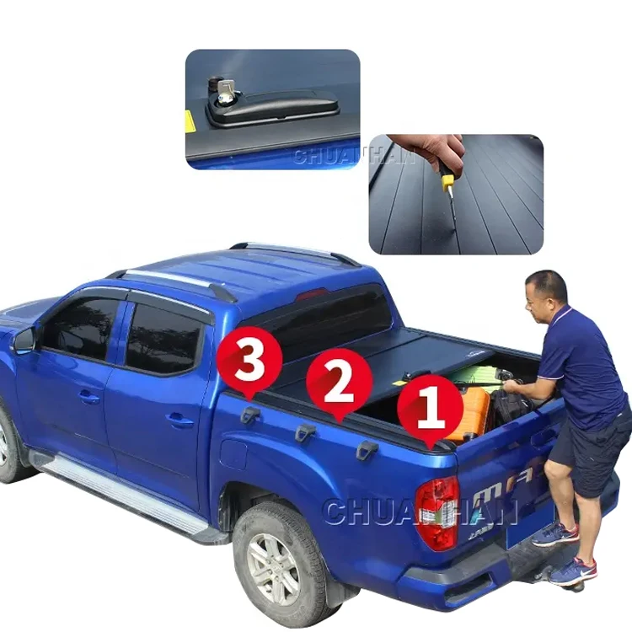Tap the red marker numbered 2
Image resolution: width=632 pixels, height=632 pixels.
[x=339, y=381]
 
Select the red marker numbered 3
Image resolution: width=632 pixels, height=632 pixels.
[x=249, y=363]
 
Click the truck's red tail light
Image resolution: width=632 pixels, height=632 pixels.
[x=437, y=511]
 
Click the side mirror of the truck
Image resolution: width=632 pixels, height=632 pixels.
[x=24, y=340]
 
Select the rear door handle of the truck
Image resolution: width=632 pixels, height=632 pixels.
[x=179, y=419]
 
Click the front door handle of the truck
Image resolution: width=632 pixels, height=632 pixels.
[x=89, y=396]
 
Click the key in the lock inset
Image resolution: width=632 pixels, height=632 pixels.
[x=227, y=91]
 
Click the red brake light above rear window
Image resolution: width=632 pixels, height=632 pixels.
[x=311, y=294]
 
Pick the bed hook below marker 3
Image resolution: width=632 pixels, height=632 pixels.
[x=250, y=415]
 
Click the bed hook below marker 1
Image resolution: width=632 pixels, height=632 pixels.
[x=367, y=450]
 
